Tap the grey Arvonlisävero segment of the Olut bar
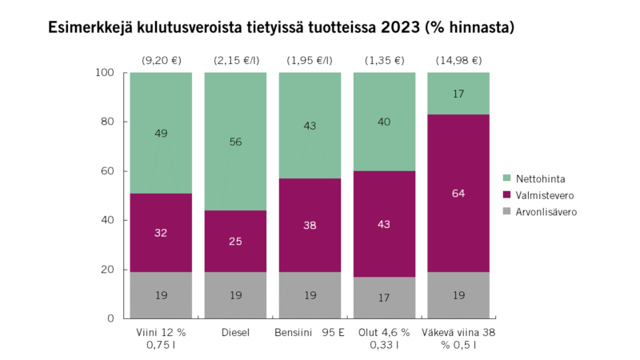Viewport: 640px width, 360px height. tap(384, 298)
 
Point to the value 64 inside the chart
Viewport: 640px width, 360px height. tap(458, 192)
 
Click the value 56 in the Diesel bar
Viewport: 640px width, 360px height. tap(235, 142)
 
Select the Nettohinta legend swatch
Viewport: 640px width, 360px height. tap(506, 177)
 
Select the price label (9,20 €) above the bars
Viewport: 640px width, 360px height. tap(161, 60)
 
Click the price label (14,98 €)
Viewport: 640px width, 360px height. tap(458, 60)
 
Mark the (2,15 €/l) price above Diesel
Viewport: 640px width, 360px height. tap(235, 60)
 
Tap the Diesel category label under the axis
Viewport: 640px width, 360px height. tap(235, 332)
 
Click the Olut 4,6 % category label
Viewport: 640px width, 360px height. tap(384, 332)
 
